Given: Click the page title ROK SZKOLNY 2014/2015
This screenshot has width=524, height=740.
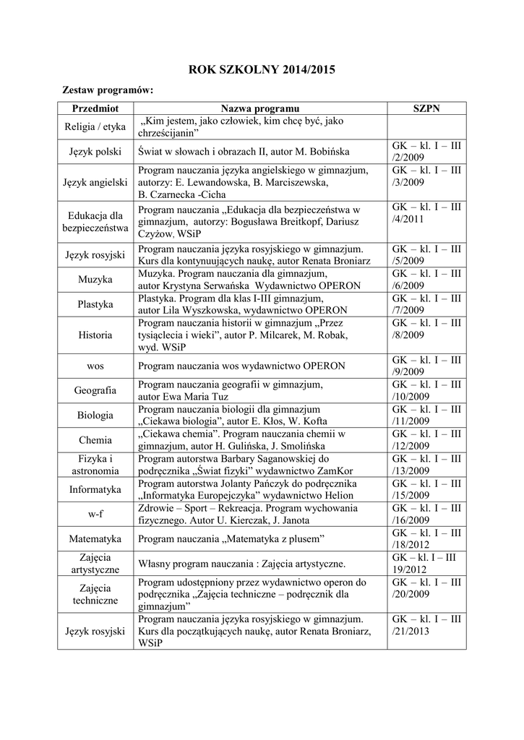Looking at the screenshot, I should point(262,70).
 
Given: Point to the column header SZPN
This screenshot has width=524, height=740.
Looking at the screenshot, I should point(426,108).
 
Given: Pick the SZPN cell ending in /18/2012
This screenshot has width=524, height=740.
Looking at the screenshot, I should point(426,539).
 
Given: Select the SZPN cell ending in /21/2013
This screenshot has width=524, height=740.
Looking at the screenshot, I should point(426,625).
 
